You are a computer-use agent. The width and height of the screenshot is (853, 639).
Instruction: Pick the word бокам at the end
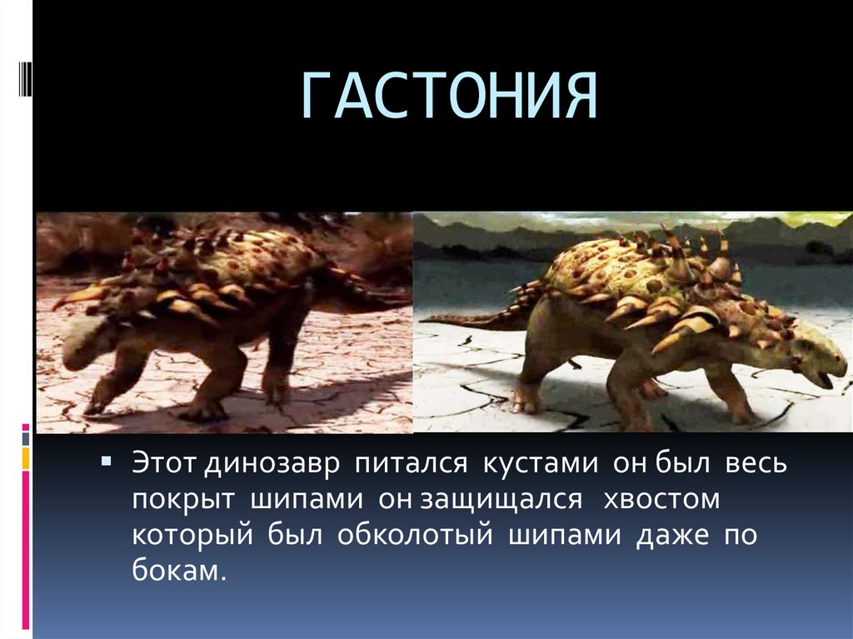pyautogui.click(x=178, y=572)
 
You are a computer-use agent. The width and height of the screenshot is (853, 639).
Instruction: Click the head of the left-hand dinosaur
pyautogui.click(x=83, y=348)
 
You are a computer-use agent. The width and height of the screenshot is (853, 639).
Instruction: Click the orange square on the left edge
pyautogui.click(x=26, y=457)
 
